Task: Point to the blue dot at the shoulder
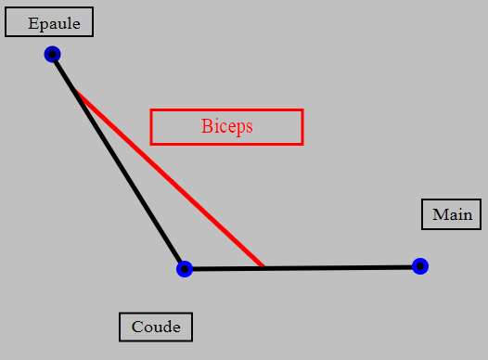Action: tap(52, 54)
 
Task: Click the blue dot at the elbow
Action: tap(185, 269)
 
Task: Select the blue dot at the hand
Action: tap(420, 266)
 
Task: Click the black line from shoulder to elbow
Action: tap(118, 161)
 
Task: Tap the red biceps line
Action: tap(168, 178)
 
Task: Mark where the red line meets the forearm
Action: tap(263, 268)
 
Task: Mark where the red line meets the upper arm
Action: tap(74, 90)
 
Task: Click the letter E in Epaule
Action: tap(32, 23)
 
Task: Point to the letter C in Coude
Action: tap(137, 327)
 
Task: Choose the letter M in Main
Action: tap(440, 214)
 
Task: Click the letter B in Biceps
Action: tap(207, 126)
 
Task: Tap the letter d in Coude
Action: tap(165, 326)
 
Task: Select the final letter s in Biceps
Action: tap(250, 128)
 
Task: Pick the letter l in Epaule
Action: tap(69, 22)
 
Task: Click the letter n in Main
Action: tap(467, 216)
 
